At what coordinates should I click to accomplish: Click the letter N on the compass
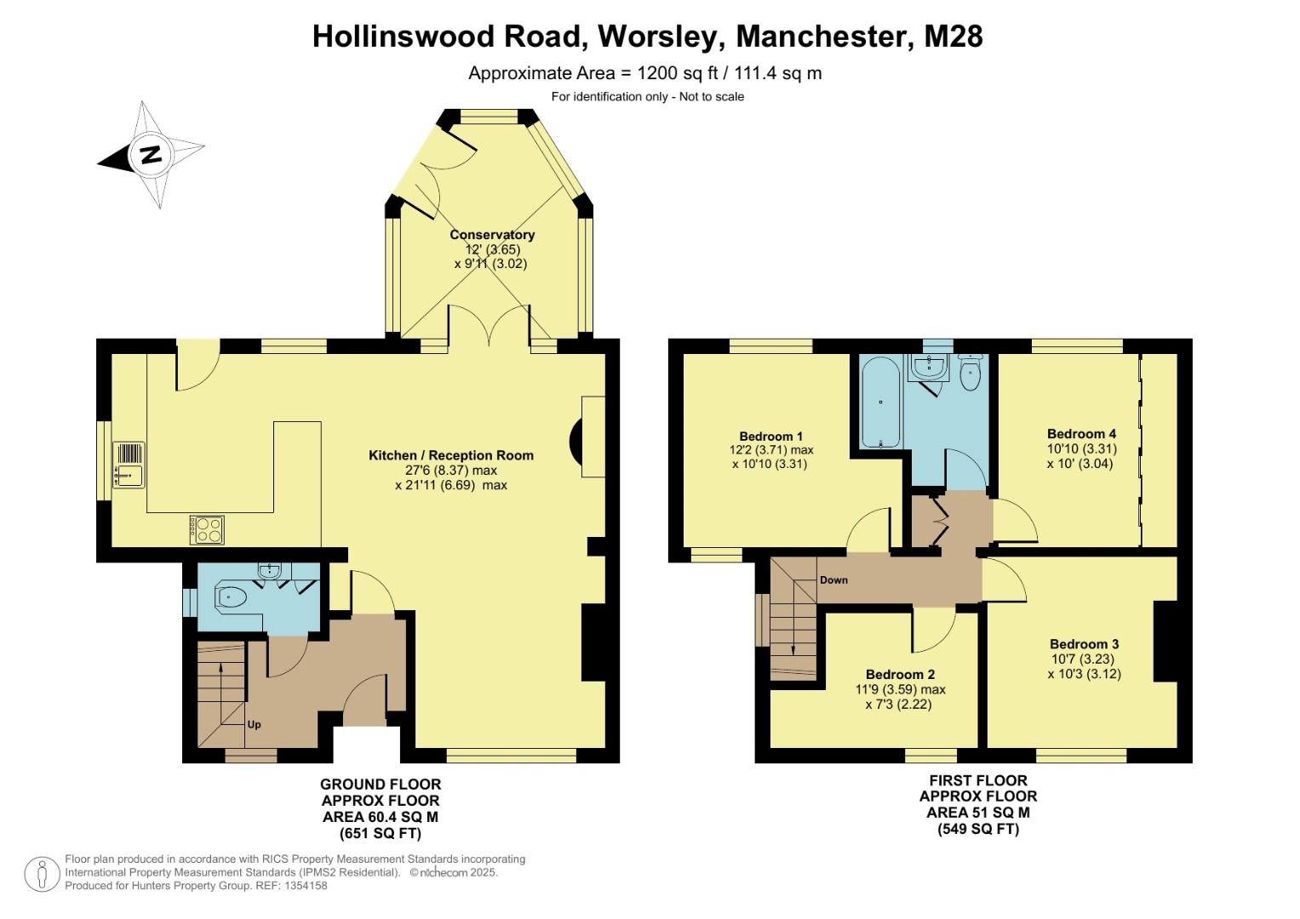pyautogui.click(x=151, y=155)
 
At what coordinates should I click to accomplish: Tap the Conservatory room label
pyautogui.click(x=492, y=235)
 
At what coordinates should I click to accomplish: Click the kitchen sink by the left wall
pyautogui.click(x=129, y=465)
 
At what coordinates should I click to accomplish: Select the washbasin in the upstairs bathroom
pyautogui.click(x=927, y=368)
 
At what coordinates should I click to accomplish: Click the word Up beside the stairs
pyautogui.click(x=254, y=725)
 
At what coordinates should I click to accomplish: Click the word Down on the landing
pyautogui.click(x=833, y=580)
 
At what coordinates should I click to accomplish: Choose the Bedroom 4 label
pyautogui.click(x=1081, y=434)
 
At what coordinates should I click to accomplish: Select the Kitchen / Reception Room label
pyautogui.click(x=450, y=455)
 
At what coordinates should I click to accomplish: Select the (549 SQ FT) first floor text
pyautogui.click(x=978, y=829)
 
